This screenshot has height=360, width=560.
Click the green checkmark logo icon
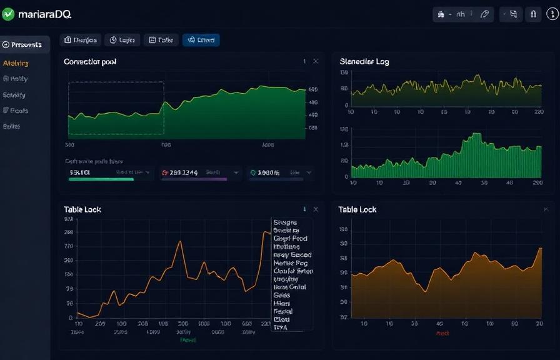coord(8,14)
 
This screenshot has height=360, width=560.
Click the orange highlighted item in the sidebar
coord(16,63)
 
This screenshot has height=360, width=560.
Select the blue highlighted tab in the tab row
coord(201,40)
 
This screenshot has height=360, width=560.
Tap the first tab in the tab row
coord(80,40)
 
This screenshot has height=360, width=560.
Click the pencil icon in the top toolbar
coord(483,14)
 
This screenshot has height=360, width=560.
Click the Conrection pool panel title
coord(90,62)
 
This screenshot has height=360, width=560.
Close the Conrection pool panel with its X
coord(316,61)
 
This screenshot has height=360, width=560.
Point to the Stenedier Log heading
coord(364,62)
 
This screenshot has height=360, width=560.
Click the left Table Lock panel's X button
coord(316,209)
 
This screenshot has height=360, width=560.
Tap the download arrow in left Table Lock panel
coord(304,209)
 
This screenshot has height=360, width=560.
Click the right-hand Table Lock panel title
coord(357,209)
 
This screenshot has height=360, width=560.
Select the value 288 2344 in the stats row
coord(184,172)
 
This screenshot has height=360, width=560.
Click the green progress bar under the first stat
coord(101,179)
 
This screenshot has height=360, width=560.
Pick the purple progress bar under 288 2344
coord(194,179)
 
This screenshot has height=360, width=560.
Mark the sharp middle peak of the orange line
coord(181,242)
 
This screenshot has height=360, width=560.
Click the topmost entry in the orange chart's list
coord(285,222)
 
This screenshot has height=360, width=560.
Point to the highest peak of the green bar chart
coord(477,134)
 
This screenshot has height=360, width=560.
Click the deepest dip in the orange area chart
coord(425,291)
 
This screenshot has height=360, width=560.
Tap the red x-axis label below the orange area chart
coord(442,333)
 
